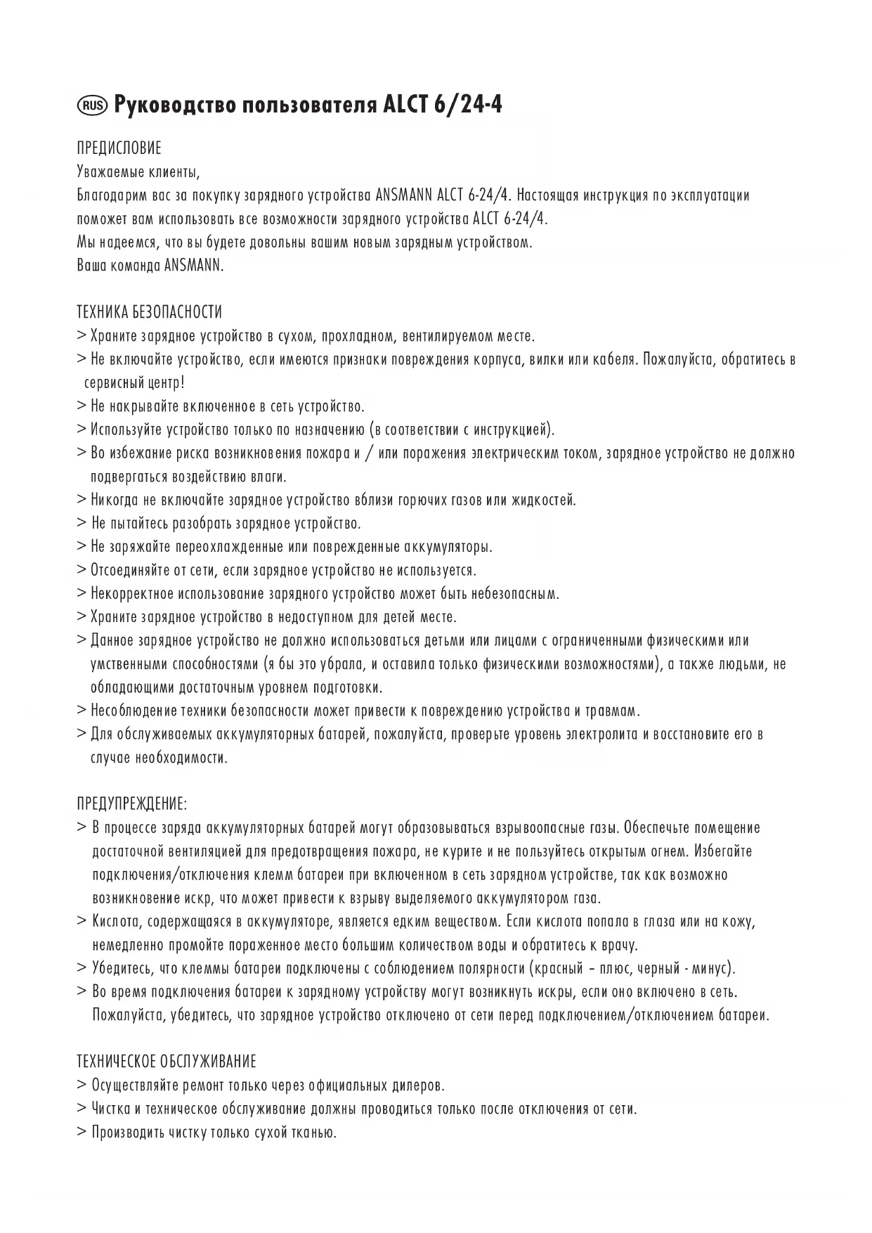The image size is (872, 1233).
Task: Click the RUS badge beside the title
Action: pos(92,106)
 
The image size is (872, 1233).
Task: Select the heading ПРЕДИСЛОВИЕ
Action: pos(119,148)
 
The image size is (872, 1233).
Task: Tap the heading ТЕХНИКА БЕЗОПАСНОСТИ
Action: pos(149,312)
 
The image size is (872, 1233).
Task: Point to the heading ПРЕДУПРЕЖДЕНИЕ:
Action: pos(132,803)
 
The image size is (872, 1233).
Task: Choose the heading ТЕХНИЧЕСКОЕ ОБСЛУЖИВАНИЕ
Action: pos(167,1061)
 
